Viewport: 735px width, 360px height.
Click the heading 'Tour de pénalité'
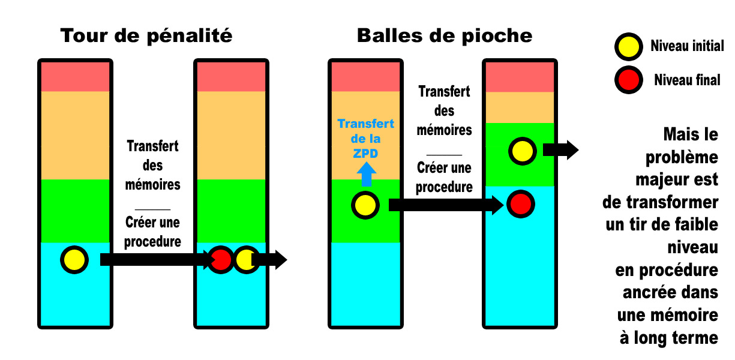point(146,36)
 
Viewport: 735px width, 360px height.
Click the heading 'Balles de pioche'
point(444,36)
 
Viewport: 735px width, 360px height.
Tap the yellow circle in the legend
point(628,46)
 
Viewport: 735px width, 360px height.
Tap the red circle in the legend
point(628,79)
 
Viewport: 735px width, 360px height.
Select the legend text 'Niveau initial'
point(687,46)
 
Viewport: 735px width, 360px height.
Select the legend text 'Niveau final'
point(687,79)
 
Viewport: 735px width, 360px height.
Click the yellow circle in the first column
point(74,260)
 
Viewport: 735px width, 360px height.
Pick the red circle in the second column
point(221,260)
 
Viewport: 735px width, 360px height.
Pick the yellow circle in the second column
point(246,260)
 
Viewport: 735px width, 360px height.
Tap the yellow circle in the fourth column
point(522,150)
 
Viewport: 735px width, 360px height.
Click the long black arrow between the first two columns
point(156,260)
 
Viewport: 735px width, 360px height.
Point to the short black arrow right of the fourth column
point(560,150)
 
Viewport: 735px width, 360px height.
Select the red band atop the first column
point(75,76)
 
